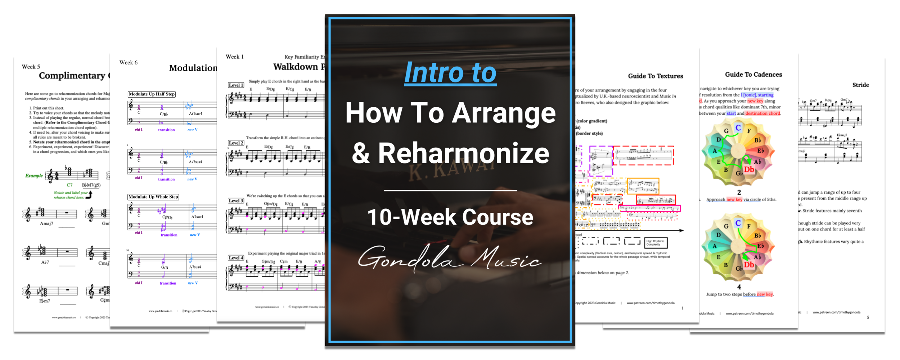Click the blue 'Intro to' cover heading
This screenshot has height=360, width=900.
450,73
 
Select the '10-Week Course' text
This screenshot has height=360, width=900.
450,217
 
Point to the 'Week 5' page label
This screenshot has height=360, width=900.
31,67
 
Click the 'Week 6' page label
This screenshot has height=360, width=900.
129,63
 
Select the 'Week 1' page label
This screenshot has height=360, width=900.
235,57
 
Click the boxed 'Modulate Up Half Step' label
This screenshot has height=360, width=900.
152,94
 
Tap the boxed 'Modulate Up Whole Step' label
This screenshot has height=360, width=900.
153,197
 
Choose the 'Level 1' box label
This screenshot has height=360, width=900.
236,85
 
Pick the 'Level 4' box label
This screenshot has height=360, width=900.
236,258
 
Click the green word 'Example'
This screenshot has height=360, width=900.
34,176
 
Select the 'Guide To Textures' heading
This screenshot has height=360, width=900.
656,76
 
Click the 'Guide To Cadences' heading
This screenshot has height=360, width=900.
753,75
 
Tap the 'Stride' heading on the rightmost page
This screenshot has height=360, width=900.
860,85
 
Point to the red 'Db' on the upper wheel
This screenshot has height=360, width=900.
749,170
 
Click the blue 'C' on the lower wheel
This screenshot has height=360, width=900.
738,223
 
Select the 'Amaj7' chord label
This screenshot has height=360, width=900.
46,224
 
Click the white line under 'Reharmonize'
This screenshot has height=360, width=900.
450,190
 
